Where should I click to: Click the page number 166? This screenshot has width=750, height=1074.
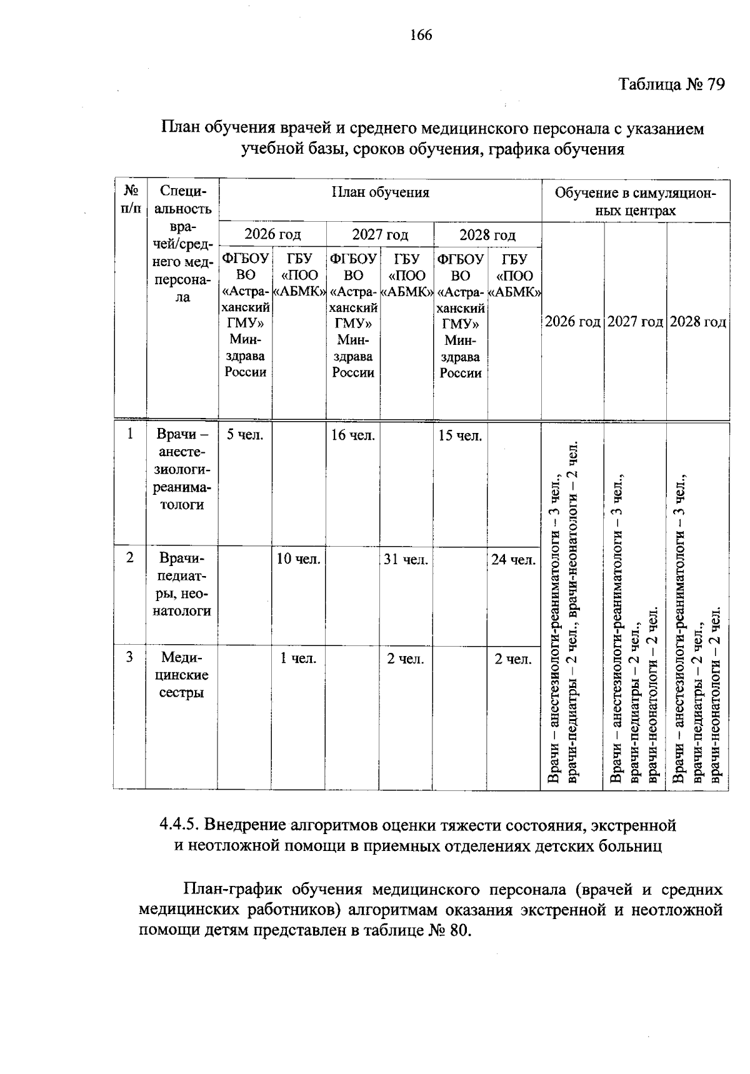click(421, 35)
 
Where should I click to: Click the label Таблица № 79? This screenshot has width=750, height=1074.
click(671, 84)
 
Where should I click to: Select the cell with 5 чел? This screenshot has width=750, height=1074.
click(245, 435)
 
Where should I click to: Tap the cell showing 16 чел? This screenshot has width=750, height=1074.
click(352, 435)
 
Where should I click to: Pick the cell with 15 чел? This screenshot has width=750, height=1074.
click(460, 435)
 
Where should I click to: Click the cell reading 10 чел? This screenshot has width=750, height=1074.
click(298, 559)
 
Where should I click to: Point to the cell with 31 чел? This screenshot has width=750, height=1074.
click(406, 559)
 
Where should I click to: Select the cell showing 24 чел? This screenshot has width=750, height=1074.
click(513, 559)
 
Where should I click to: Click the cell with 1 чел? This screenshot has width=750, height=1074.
click(298, 658)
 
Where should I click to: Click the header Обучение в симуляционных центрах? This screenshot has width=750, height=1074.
click(635, 201)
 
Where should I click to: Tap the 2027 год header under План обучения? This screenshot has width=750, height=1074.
click(380, 234)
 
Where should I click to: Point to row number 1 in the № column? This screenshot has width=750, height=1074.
click(130, 434)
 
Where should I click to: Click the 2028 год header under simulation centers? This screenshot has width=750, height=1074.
click(697, 322)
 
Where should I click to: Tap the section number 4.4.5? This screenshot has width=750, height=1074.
click(179, 825)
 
